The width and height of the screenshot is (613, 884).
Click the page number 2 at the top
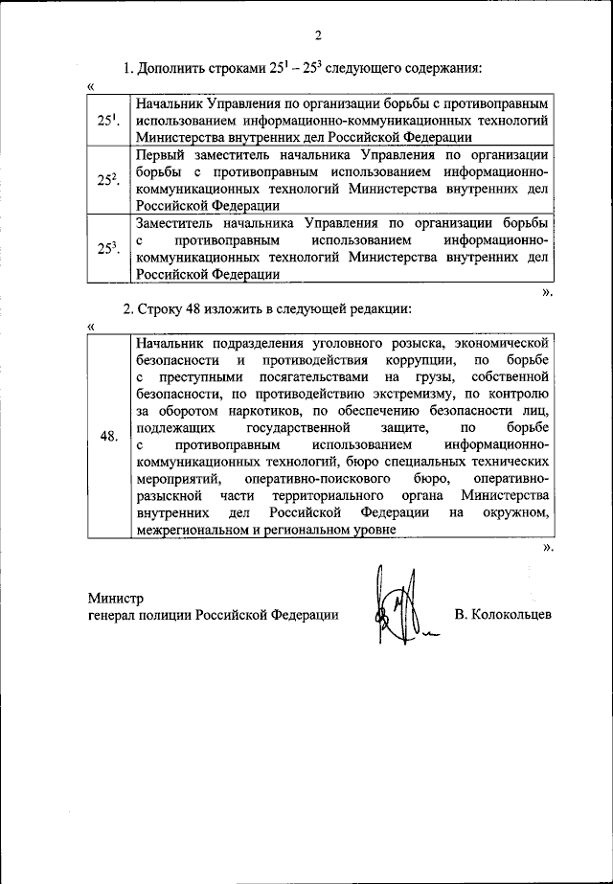(317, 36)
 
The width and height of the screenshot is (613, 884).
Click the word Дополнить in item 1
(170, 69)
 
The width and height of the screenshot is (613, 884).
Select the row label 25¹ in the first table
(107, 122)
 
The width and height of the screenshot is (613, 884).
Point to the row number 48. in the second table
(108, 437)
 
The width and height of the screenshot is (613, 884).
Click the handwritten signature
(399, 608)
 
